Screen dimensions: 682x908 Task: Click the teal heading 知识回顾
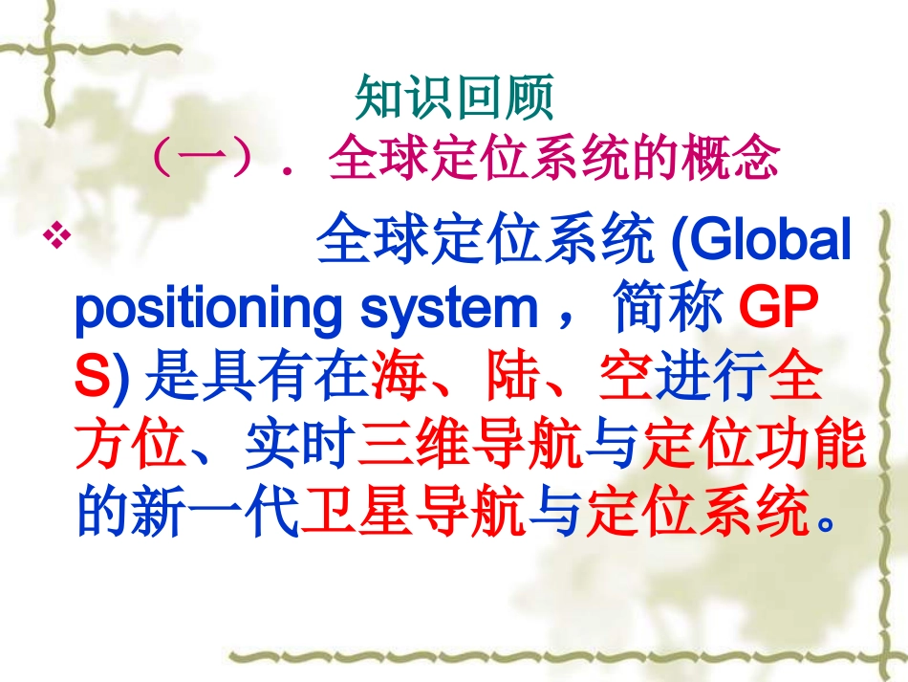pos(454,98)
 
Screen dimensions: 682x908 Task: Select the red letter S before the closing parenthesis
pos(91,379)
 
